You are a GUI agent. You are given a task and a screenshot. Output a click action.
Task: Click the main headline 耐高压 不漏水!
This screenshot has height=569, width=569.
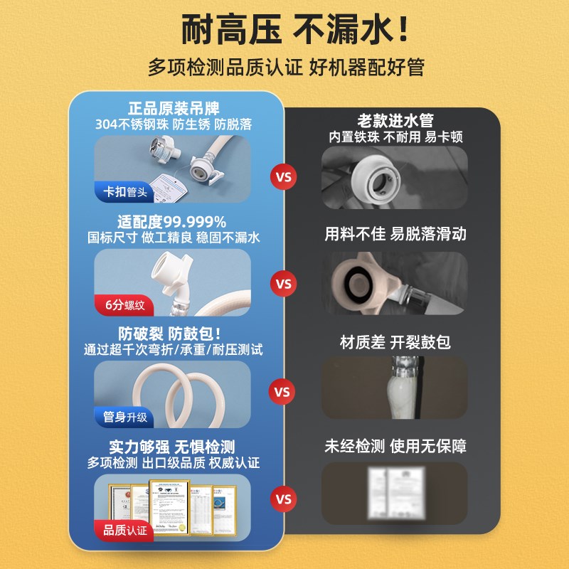(284, 31)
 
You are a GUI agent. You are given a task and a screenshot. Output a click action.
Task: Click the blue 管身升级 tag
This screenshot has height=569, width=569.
(124, 417)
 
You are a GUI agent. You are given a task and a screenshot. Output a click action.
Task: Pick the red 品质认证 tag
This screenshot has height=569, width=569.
(124, 530)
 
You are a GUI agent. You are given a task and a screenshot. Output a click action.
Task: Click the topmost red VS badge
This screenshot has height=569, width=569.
(284, 176)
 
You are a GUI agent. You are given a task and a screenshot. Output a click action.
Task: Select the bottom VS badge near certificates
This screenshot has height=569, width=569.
(284, 500)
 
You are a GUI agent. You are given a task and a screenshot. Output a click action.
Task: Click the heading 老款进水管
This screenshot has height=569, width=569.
(395, 121)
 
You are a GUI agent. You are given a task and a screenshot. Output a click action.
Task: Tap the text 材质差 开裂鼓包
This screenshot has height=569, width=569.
(395, 342)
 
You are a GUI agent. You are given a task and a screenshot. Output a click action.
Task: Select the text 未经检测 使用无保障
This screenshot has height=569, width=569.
(395, 447)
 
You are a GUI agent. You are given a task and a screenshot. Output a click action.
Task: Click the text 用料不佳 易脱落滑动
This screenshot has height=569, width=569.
(395, 233)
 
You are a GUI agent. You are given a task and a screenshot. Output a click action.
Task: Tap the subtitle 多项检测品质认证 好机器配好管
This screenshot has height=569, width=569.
(284, 68)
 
